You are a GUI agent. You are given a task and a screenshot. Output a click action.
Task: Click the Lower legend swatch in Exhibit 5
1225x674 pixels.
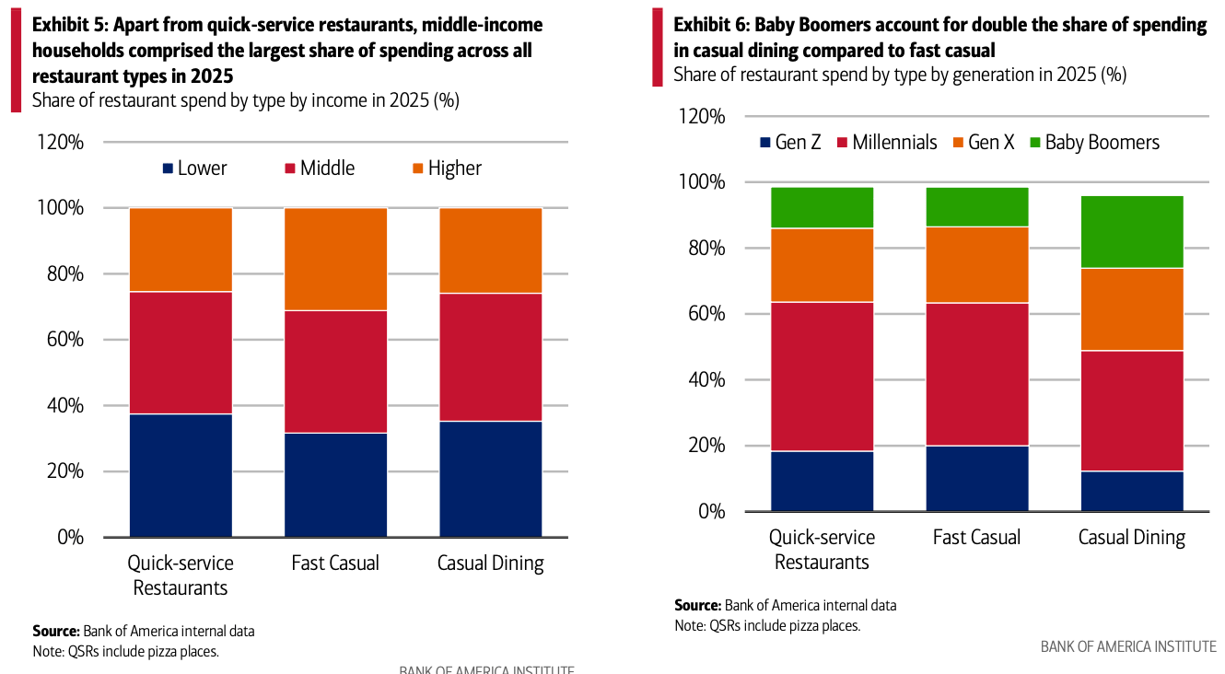pos(168,168)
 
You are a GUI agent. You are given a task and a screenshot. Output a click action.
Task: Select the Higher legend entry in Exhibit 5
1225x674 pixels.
pos(454,168)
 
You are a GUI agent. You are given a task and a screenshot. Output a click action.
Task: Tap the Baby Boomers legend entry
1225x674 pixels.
pos(1102,143)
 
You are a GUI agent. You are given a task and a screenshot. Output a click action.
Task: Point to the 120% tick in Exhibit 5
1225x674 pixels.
pos(60,143)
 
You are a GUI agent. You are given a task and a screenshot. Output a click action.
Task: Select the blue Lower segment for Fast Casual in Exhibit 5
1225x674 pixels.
pos(335,484)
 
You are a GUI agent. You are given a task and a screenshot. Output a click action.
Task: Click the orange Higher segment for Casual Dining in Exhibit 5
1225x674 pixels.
pos(490,250)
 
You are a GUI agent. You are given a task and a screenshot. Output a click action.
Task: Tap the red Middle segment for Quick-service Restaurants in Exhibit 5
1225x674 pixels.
pos(181,353)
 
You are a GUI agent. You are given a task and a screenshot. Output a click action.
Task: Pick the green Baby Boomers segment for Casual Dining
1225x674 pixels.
pos(1131,231)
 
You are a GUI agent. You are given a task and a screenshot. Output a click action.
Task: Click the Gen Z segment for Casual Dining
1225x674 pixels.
pos(1131,491)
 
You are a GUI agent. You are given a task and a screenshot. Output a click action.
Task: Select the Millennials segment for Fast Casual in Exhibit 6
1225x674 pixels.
pos(976,374)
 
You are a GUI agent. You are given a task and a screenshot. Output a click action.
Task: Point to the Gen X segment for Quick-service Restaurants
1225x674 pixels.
pos(822,265)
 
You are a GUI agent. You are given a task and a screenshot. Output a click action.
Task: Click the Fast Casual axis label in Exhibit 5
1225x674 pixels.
pos(335,564)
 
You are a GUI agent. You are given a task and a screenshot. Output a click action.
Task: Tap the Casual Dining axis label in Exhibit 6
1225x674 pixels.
pos(1131,538)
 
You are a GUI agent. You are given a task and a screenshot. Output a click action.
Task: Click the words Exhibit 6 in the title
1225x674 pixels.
pos(711,25)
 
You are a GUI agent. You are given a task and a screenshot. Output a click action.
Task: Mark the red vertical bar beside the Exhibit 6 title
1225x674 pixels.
pos(658,47)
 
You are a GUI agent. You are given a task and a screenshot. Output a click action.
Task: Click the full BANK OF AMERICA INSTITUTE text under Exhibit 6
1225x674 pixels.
pos(1128,646)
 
